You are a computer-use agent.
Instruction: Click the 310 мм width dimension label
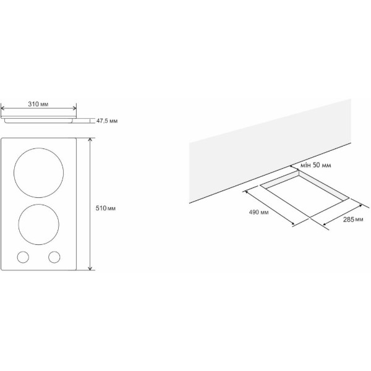click(x=38, y=104)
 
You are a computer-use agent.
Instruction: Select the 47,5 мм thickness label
click(x=107, y=121)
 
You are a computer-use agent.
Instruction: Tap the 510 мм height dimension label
click(x=106, y=208)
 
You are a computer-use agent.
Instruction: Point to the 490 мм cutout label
click(x=258, y=212)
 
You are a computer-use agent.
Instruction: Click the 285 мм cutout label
click(x=353, y=220)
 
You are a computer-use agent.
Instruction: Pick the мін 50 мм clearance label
click(x=315, y=165)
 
